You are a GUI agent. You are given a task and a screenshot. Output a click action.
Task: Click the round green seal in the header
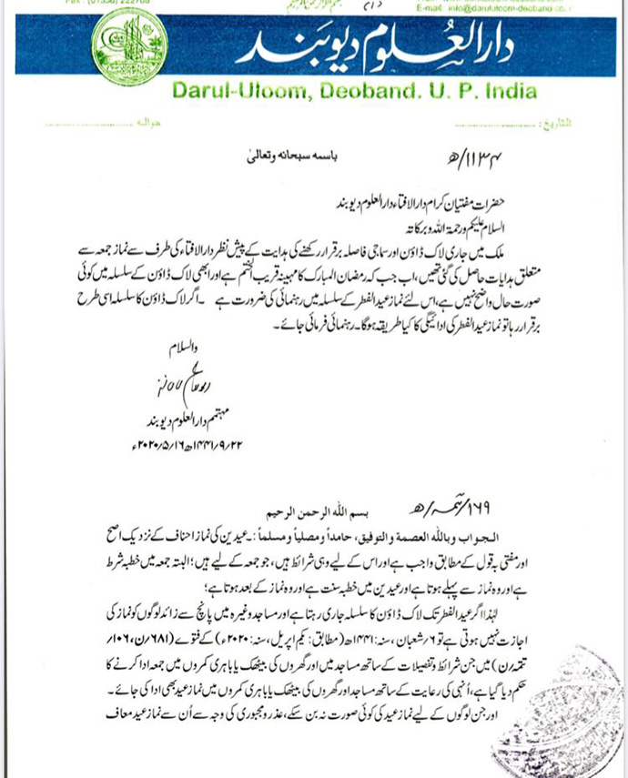[x=134, y=48]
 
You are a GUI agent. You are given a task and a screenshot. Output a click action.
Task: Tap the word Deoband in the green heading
[x=361, y=91]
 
